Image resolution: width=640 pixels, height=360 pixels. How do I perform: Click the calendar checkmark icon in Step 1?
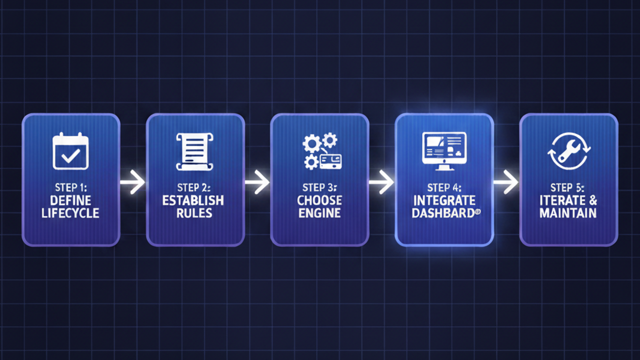tap(70, 151)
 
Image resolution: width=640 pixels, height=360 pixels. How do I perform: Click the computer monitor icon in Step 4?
tap(444, 148)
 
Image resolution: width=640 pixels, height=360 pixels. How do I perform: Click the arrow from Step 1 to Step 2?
tap(132, 183)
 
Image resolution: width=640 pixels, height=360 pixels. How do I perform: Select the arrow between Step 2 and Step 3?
tap(257, 183)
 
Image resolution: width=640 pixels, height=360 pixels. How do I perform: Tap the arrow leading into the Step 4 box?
tap(381, 183)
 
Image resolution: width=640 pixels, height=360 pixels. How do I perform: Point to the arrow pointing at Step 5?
tap(506, 182)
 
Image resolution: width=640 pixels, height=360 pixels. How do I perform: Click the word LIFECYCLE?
tap(71, 213)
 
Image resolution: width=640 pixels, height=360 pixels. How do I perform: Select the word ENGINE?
tap(319, 213)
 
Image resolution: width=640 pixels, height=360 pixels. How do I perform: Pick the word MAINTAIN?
tap(568, 213)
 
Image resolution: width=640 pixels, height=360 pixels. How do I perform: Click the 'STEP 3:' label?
tap(319, 188)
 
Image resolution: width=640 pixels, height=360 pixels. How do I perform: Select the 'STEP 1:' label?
tap(71, 188)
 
